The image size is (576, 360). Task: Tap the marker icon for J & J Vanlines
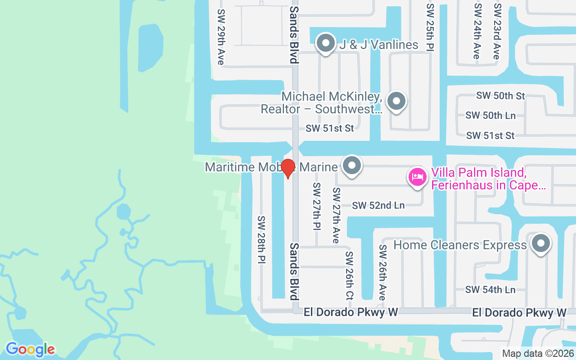click(325, 44)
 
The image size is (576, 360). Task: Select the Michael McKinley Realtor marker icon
click(396, 102)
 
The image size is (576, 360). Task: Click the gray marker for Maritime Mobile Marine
click(352, 166)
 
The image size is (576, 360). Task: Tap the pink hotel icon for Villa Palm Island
click(417, 177)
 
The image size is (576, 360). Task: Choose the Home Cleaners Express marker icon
click(541, 244)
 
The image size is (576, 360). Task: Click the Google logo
click(30, 349)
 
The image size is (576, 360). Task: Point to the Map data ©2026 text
click(538, 353)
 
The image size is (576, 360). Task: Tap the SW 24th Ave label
click(477, 31)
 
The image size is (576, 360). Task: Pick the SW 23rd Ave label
click(496, 31)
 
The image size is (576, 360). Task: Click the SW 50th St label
click(501, 96)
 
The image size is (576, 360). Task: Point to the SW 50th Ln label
click(490, 116)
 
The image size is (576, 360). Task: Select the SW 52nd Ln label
click(378, 206)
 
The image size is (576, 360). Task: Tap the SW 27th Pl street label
click(317, 207)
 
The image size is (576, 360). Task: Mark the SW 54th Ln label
click(490, 290)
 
